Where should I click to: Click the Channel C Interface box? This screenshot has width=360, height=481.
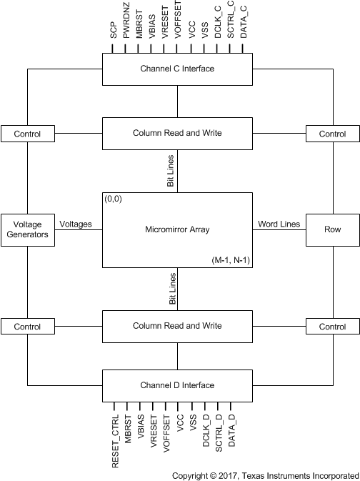point(177,69)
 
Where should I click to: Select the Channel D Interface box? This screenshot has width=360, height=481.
point(177,386)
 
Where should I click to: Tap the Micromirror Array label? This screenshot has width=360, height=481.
point(177,229)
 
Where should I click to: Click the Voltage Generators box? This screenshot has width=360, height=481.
point(28,229)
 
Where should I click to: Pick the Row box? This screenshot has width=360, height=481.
point(333,229)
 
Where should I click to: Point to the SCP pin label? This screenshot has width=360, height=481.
point(114,30)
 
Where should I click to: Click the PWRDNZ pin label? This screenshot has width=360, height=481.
point(126,20)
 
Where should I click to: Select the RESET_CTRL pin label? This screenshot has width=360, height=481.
point(115,442)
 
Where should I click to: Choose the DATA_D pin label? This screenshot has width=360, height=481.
point(232,431)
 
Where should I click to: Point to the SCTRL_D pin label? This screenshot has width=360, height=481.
point(219,433)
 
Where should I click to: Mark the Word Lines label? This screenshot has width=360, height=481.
point(279,224)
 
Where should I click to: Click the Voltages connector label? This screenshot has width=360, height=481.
point(76,224)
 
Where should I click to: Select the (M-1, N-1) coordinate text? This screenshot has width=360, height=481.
point(231,260)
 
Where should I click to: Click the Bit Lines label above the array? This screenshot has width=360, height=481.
point(171,171)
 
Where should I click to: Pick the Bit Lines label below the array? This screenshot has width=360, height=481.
point(173,289)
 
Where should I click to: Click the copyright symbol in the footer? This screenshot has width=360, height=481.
point(213,476)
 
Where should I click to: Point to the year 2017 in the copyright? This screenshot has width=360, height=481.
point(228,476)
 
